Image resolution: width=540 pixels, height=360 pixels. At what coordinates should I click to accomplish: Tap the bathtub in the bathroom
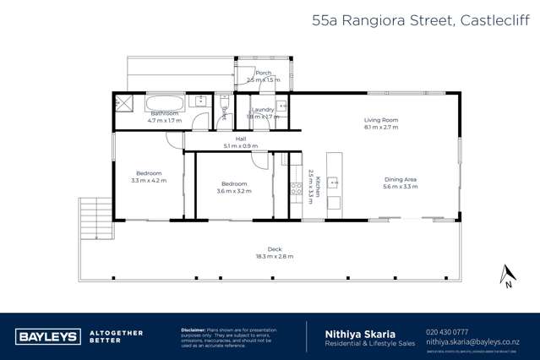coord(162,105)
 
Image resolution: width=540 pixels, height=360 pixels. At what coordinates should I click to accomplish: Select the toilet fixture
coord(223,106)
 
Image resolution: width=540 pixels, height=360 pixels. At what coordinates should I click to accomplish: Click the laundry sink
coord(281,107)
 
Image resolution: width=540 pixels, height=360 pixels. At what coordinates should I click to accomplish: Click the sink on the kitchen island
coord(333,182)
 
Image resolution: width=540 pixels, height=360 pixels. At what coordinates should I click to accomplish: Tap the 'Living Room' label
coord(381,120)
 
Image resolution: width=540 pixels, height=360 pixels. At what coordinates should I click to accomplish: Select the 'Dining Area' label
coord(401,178)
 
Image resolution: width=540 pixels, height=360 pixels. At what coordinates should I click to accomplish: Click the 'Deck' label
coord(274,248)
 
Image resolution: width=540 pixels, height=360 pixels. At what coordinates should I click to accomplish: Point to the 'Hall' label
coord(240,139)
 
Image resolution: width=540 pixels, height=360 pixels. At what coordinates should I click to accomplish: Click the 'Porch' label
coord(252,73)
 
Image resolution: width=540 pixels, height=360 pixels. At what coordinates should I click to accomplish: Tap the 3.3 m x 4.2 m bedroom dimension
coord(150,181)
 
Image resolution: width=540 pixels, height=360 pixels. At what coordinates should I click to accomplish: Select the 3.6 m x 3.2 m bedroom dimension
coord(234,191)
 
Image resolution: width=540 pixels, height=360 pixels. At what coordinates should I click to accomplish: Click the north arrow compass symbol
coord(506,275)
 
